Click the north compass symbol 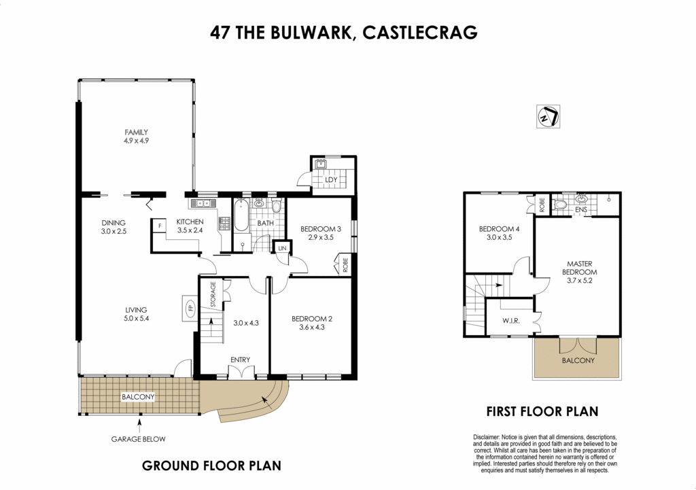pos(547,116)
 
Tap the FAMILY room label pos(136,133)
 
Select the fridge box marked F pos(159,225)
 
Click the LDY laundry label pos(332,179)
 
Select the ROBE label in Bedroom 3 pos(345,264)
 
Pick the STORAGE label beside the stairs pos(213,295)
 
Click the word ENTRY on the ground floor pos(240,360)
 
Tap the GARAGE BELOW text pos(139,439)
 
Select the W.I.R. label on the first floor pos(511,319)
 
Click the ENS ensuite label pos(580,211)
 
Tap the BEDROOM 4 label pos(499,229)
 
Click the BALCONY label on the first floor pos(578,360)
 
